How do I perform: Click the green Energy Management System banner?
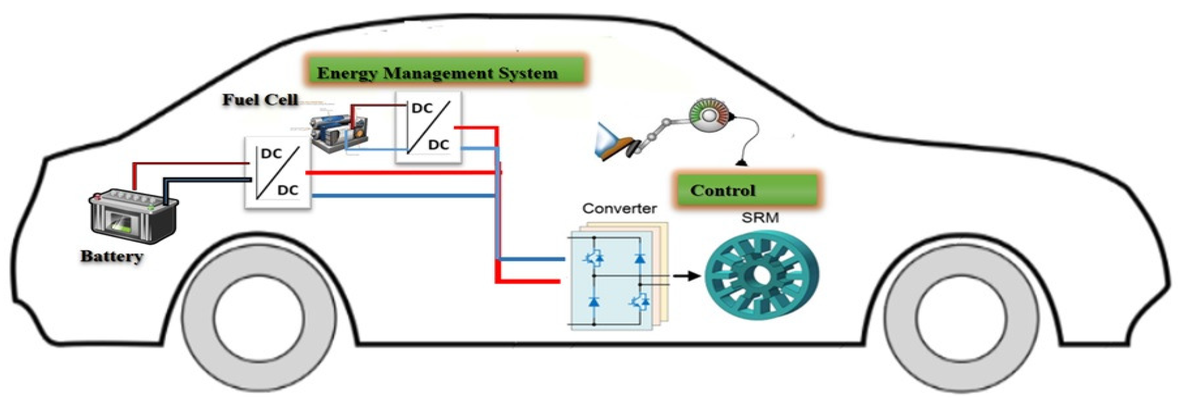[445, 73]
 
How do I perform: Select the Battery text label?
[112, 256]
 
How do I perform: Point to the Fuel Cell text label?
[260, 99]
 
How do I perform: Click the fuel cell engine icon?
[339, 133]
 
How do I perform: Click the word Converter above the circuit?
[619, 209]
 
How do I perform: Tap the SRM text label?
[760, 218]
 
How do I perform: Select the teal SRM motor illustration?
[761, 275]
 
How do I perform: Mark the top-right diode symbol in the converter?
[640, 258]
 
